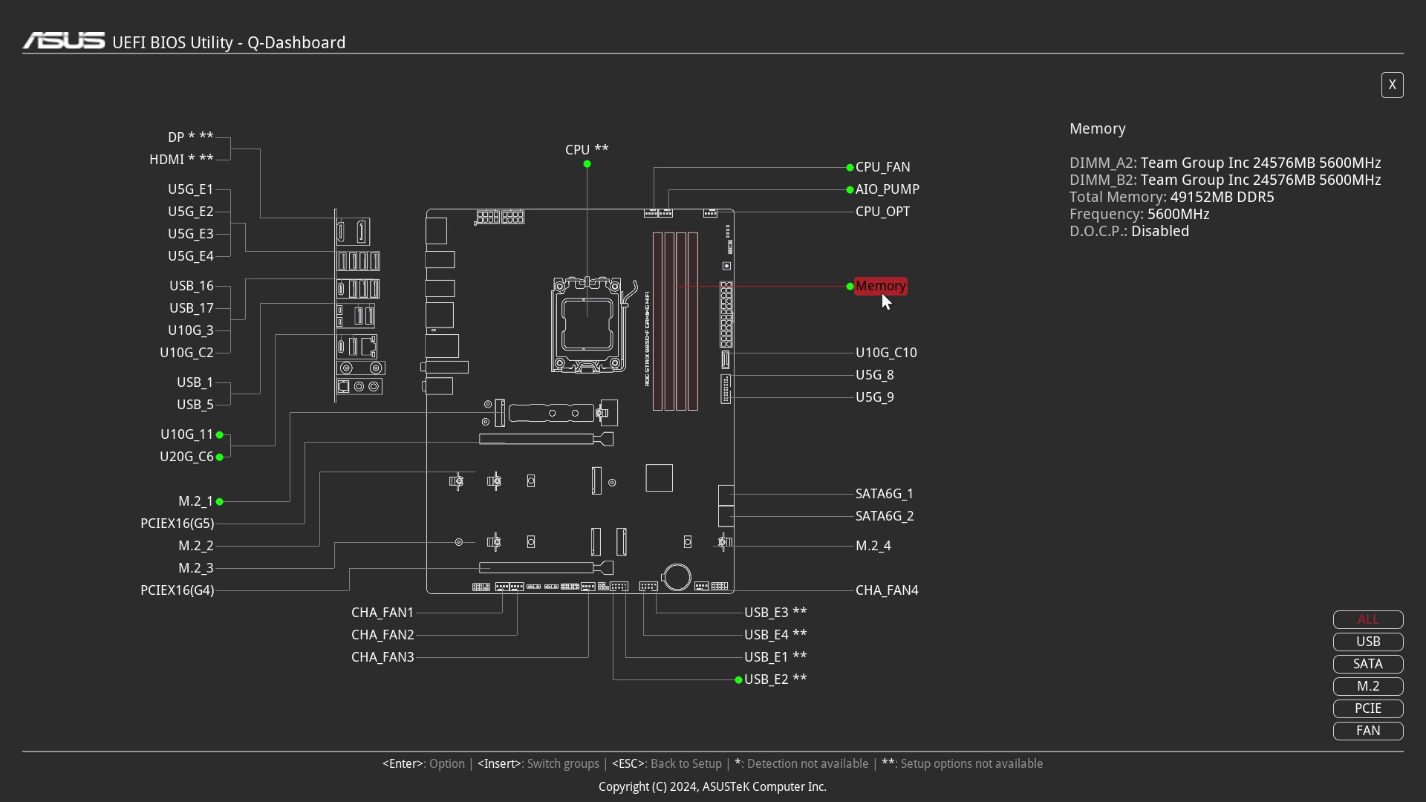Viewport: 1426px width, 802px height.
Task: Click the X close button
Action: (1392, 85)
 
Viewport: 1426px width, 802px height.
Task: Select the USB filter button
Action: (1368, 642)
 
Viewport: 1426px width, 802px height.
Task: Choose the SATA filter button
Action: (1368, 664)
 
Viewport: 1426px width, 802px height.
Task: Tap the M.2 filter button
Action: (1368, 686)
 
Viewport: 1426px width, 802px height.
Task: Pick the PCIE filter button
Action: (1368, 708)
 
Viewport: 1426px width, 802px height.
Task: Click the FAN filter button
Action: (1368, 731)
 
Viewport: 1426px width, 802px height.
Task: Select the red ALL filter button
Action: (1368, 619)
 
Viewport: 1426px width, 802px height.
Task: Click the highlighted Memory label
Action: (881, 286)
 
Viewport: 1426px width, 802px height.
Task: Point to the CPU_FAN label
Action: (882, 167)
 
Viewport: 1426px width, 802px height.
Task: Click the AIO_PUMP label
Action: (888, 189)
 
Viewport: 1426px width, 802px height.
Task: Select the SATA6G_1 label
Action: (885, 494)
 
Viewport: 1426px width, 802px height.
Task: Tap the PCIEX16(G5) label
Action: (177, 524)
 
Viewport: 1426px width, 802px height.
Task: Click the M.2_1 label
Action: (195, 501)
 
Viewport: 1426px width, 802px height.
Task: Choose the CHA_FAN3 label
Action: (382, 657)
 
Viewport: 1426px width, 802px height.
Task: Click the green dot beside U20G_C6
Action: (220, 457)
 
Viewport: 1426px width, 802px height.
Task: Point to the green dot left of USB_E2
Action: (738, 680)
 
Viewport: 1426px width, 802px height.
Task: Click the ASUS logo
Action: (64, 41)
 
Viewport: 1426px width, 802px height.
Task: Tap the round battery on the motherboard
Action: (677, 577)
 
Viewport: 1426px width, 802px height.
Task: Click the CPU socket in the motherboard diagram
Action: (587, 325)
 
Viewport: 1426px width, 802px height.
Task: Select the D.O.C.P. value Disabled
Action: (1160, 231)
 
